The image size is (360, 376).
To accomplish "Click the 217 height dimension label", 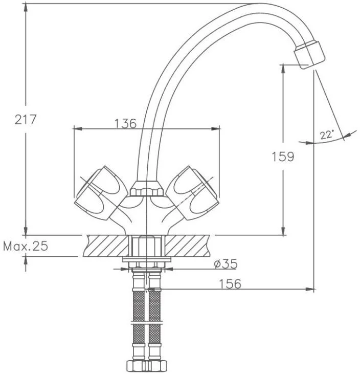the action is (x=26, y=119).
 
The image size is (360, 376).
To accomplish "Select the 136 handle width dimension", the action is (x=125, y=124).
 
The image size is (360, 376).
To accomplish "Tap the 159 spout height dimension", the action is (x=283, y=157).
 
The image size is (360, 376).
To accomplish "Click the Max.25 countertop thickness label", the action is (x=26, y=246).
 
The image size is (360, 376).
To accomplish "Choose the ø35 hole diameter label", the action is (x=226, y=264).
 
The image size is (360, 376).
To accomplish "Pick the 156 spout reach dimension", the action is (x=230, y=284).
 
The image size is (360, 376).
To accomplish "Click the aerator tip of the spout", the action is (x=310, y=55).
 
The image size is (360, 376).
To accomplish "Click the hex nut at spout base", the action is (x=146, y=189).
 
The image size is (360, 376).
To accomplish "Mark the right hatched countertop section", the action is (x=188, y=246).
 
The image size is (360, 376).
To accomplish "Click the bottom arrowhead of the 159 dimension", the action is (x=283, y=231).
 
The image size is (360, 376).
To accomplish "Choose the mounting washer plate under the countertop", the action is (x=147, y=259).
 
